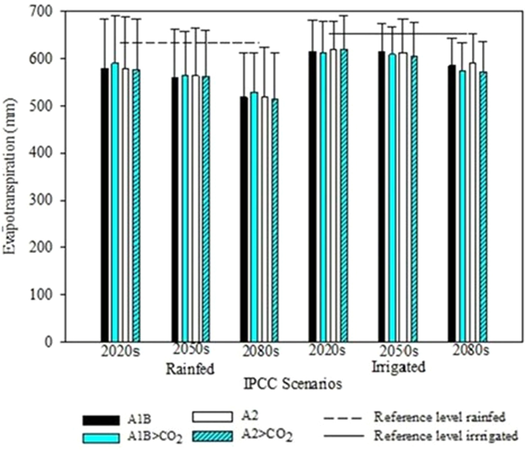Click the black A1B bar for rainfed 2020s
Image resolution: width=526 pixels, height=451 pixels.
point(104,205)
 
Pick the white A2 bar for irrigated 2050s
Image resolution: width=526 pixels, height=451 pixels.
point(403,197)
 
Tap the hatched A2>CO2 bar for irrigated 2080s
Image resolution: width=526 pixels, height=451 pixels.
point(483,207)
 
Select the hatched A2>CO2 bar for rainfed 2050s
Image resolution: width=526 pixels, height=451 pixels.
point(206,209)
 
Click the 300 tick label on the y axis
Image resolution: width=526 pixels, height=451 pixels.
point(44,200)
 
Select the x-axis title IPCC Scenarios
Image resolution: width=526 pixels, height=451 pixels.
point(293,384)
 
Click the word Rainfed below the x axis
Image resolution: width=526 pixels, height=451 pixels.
point(190,369)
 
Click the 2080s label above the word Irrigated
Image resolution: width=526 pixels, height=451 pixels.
point(471,351)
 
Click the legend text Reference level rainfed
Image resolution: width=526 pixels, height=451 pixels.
point(440,417)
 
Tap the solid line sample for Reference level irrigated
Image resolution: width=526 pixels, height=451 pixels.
point(344,436)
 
